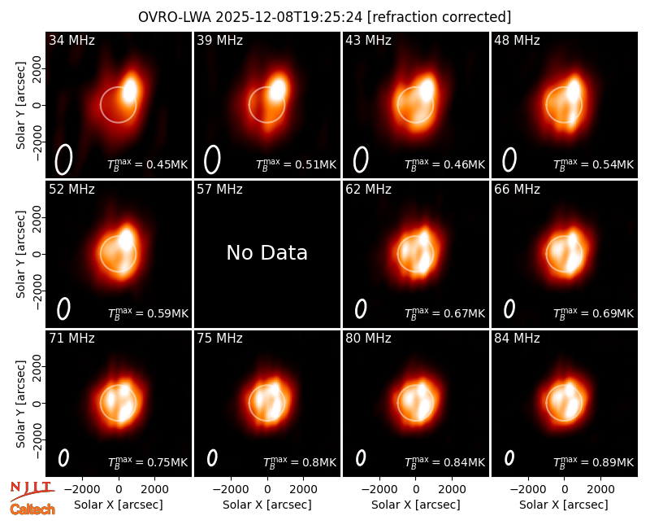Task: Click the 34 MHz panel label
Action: [71, 40]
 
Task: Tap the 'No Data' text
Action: [267, 252]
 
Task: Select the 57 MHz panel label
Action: [219, 190]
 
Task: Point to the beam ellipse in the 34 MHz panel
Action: [64, 160]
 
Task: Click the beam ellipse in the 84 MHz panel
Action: [509, 457]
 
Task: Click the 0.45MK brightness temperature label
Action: [167, 164]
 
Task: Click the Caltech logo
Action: [32, 509]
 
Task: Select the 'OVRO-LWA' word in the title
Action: [175, 17]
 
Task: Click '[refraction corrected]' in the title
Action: [439, 17]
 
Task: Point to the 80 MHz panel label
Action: [368, 339]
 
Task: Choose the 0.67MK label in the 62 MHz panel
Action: [464, 313]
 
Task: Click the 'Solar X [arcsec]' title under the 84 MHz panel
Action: [564, 505]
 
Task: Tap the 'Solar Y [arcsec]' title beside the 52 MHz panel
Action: [21, 254]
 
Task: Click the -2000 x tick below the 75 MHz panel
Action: [230, 490]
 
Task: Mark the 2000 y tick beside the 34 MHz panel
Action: [37, 68]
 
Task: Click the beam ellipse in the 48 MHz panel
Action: [509, 160]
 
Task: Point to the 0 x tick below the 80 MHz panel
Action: [416, 490]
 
